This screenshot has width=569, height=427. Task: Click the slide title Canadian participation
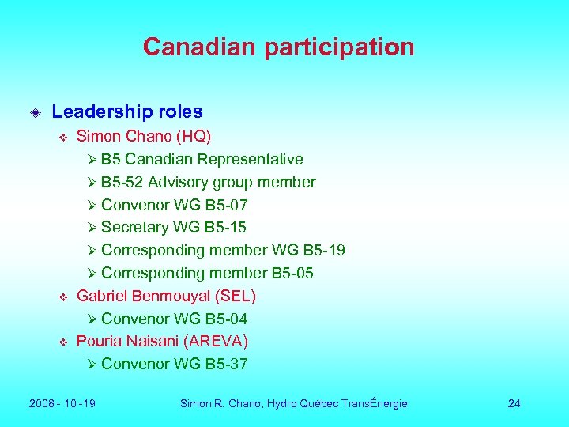[278, 47]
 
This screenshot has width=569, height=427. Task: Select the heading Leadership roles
[126, 112]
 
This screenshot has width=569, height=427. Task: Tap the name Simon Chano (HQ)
[143, 136]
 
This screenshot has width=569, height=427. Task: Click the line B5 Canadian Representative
[202, 159]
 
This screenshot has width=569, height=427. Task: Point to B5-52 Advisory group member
[208, 182]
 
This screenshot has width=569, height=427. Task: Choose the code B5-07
[226, 205]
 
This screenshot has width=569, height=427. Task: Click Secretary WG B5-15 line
[173, 228]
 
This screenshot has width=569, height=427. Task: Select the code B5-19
[324, 251]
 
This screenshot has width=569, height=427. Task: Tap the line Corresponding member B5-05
[207, 274]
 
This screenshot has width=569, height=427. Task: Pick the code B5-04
[226, 319]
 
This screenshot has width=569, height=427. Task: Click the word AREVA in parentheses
[223, 341]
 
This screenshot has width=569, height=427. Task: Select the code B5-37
[226, 364]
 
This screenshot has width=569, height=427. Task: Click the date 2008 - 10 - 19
[62, 403]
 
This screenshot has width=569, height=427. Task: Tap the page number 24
[514, 403]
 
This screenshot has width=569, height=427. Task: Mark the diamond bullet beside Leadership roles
[35, 113]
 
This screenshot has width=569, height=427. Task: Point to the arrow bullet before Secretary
[92, 228]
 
